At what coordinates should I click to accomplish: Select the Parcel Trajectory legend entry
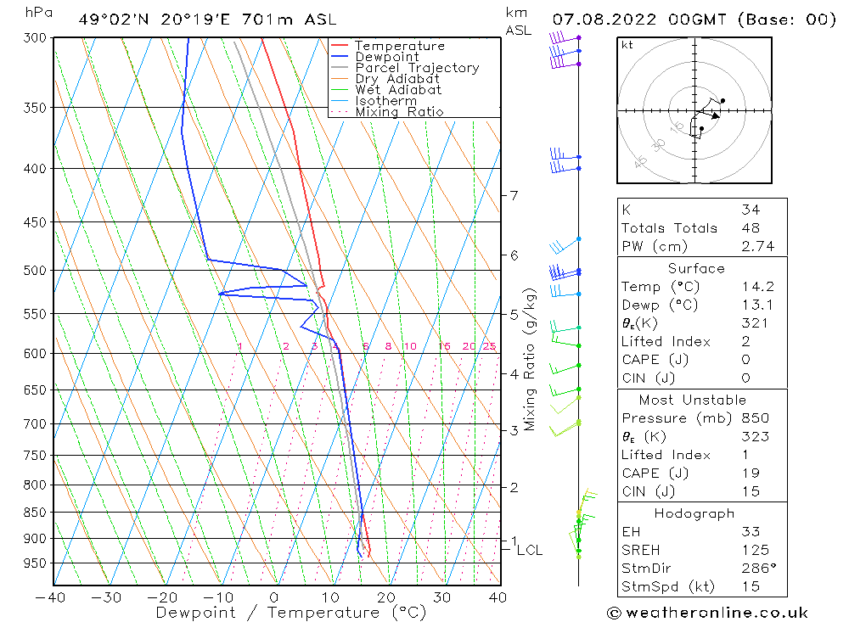tap(417, 68)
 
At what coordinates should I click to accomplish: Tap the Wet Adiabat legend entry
tap(398, 90)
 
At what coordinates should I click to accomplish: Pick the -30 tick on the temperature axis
tap(107, 597)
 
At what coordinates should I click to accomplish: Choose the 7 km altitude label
tap(514, 196)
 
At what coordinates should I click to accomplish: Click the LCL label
tap(529, 551)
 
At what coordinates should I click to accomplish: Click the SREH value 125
tap(752, 550)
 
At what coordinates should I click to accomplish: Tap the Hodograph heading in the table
tap(694, 513)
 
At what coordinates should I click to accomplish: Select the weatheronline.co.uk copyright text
tap(707, 613)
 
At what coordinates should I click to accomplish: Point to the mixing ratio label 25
tap(489, 346)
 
